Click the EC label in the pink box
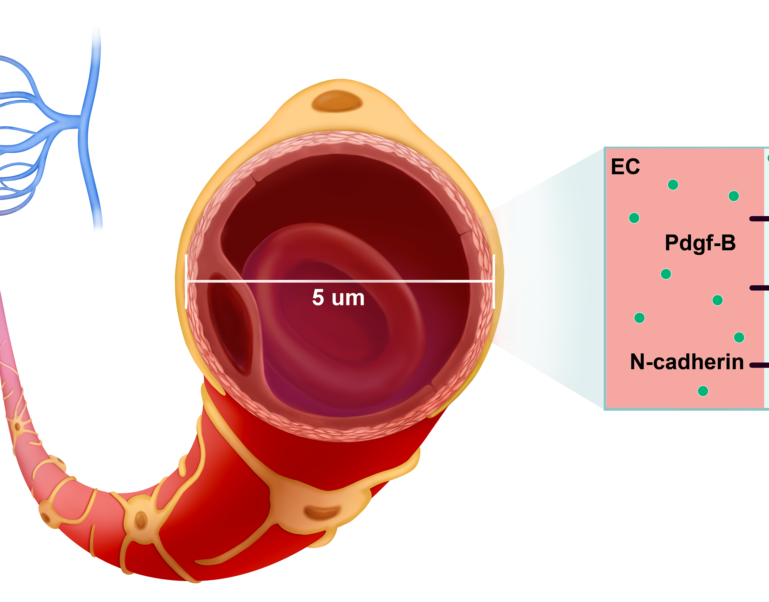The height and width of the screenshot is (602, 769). click(625, 167)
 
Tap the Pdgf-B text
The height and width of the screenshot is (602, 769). click(700, 243)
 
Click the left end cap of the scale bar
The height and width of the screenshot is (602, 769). click(186, 281)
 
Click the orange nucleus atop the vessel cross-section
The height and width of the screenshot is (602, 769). click(337, 101)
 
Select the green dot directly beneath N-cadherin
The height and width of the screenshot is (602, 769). click(703, 391)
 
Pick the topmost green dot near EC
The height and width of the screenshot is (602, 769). click(673, 185)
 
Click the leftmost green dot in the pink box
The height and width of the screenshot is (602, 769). click(634, 218)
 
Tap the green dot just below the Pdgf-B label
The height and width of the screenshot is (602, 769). click(666, 274)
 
